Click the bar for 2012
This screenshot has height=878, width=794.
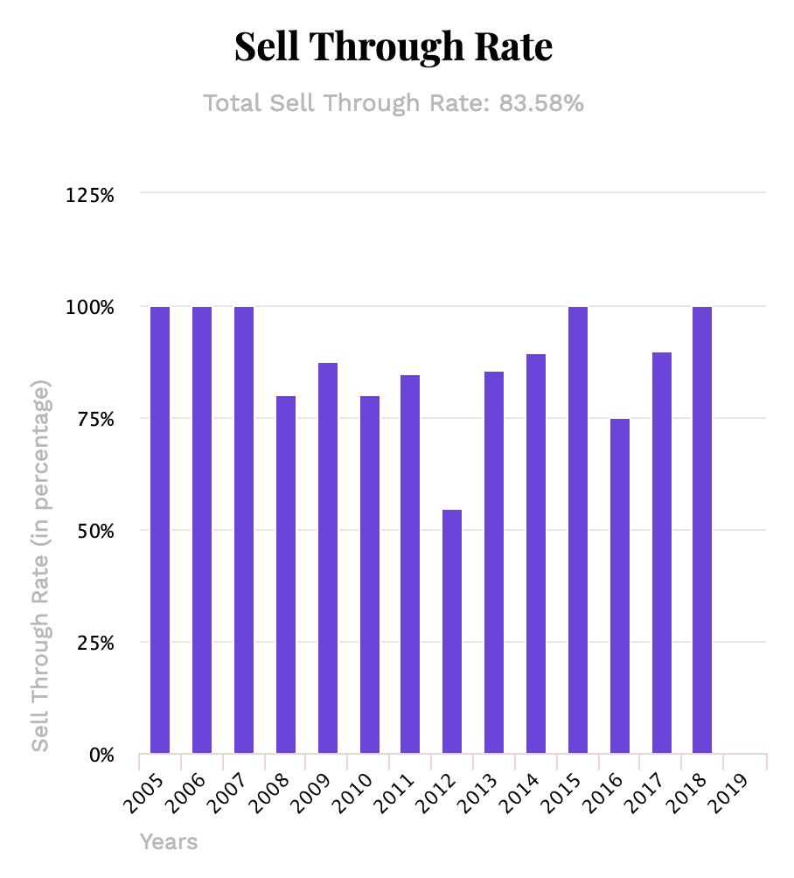click(452, 631)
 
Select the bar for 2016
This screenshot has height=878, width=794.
click(620, 586)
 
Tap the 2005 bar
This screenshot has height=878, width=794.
click(160, 530)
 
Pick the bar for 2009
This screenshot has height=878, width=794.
click(328, 558)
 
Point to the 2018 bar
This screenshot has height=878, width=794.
click(702, 530)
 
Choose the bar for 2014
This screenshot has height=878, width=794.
click(536, 554)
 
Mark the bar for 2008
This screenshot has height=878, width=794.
click(286, 575)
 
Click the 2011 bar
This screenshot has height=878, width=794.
click(410, 564)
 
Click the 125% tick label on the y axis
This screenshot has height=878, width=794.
click(90, 195)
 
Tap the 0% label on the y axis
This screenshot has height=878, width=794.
click(101, 755)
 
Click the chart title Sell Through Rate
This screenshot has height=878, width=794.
click(394, 46)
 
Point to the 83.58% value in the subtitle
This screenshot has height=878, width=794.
click(540, 103)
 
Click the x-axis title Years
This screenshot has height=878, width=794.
click(169, 842)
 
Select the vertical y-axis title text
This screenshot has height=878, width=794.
click(41, 565)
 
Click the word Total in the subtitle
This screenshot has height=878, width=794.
click(233, 103)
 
